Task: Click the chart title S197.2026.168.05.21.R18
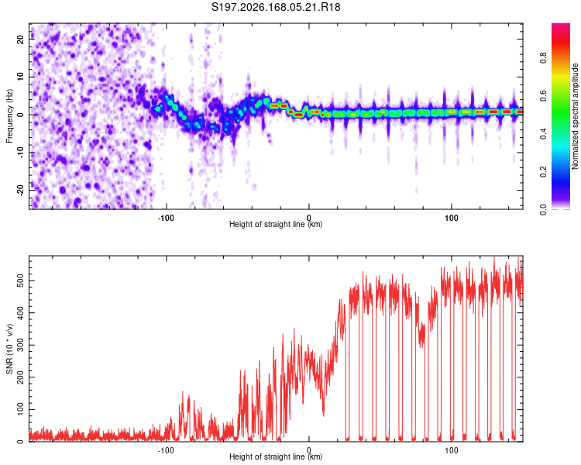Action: [276, 7]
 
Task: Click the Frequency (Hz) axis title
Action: [9, 116]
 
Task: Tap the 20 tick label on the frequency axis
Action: [21, 40]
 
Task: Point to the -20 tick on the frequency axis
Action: [21, 189]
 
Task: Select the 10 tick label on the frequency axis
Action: [21, 77]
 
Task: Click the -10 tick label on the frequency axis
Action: [21, 152]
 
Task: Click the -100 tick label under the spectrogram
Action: [166, 218]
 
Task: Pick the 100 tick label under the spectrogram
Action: [452, 218]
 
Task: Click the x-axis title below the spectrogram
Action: [276, 224]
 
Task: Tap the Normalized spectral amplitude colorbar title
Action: [575, 116]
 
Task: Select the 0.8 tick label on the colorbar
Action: [544, 58]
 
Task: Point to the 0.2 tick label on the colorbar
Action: [544, 172]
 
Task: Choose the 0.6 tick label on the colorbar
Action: [544, 95]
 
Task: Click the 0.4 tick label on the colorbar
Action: [544, 134]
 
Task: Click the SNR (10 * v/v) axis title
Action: [9, 349]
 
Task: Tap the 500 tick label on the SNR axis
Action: [21, 281]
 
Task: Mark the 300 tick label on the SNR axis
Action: [21, 345]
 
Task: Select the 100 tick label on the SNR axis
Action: [21, 410]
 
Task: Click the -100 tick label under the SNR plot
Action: [166, 450]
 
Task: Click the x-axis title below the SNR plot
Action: [276, 456]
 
